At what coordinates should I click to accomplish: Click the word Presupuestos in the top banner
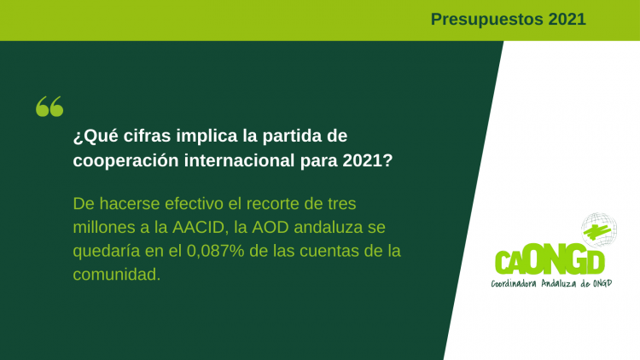[486, 20]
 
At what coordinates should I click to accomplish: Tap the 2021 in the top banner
[567, 19]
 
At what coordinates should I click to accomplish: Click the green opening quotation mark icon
[49, 107]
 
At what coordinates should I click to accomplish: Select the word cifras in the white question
[147, 136]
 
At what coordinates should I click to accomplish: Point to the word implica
[207, 136]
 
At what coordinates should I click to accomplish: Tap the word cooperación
[125, 161]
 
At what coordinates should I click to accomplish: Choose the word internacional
[239, 160]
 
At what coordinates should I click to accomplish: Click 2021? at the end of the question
[367, 160]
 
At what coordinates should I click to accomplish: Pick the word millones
[103, 227]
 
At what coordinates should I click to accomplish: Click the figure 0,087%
[215, 251]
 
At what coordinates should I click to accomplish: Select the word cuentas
[329, 251]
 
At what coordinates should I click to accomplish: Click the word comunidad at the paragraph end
[117, 275]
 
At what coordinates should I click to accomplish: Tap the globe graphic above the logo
[599, 229]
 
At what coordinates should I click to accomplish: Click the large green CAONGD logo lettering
[550, 261]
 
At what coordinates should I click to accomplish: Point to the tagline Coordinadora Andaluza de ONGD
[551, 283]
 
